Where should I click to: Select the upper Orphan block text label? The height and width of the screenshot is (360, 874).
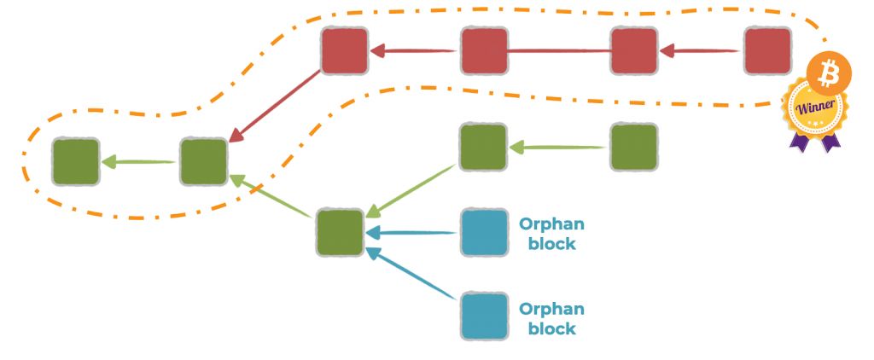coord(551,234)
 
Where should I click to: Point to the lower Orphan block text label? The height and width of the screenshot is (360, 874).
coord(551,318)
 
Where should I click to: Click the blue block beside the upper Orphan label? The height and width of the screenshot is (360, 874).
coord(484,232)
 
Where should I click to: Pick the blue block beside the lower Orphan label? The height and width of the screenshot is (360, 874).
coord(484,316)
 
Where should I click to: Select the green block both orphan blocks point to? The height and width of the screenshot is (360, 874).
coord(340,232)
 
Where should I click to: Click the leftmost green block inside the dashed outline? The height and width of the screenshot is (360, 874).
coord(75,161)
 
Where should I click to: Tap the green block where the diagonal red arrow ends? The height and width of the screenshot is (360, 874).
coord(203,161)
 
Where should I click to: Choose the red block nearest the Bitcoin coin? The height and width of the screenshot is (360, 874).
coord(766,51)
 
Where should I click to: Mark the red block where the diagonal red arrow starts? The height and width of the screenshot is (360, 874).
coord(344,51)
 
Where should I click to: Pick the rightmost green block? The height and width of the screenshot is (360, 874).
coord(633,147)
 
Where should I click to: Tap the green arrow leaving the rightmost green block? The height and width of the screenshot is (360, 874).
coord(559,148)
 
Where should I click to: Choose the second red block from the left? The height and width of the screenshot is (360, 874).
coord(484,51)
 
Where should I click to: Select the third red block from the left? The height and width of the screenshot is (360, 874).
coord(634,51)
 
